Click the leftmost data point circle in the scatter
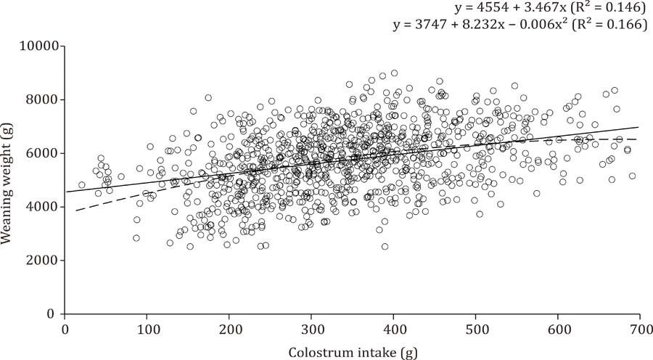pos(82,185)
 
